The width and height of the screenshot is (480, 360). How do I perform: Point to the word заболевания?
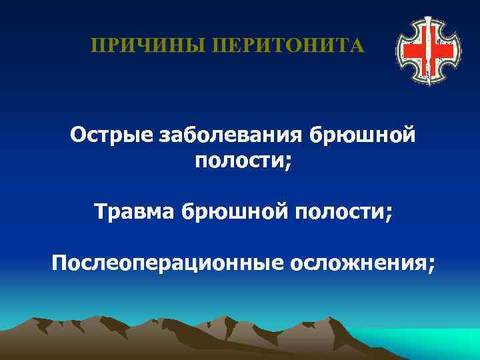click(232, 135)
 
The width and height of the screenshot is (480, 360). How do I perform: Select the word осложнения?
click(357, 262)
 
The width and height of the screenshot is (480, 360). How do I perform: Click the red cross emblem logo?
click(427, 50)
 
